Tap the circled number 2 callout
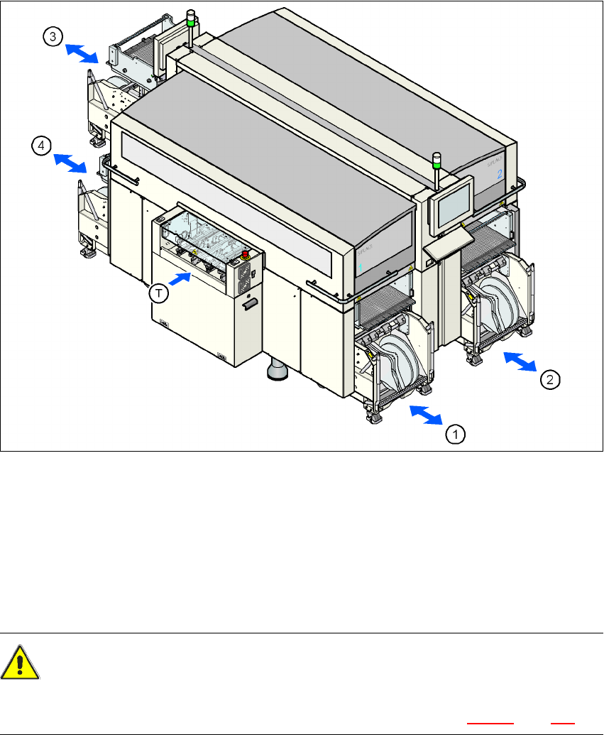point(550,379)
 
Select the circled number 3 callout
point(53,38)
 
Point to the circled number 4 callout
point(42,146)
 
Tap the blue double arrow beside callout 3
point(82,53)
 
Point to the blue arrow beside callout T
point(183,279)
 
